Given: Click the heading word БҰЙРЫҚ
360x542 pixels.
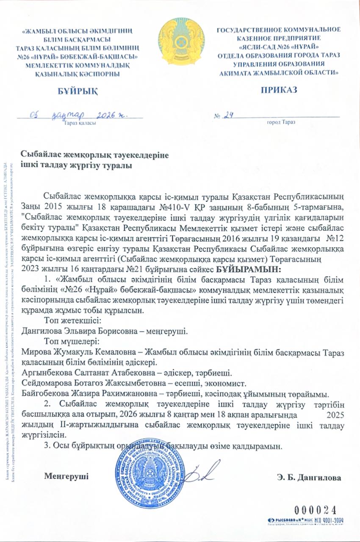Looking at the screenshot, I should pyautogui.click(x=72, y=90).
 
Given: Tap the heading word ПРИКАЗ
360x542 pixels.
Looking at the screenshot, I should pyautogui.click(x=279, y=89).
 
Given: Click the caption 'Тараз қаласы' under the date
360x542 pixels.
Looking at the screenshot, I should pyautogui.click(x=80, y=123).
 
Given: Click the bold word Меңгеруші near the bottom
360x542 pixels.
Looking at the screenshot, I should pyautogui.click(x=66, y=476).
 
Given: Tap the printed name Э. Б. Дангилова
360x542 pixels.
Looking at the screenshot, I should pyautogui.click(x=309, y=478).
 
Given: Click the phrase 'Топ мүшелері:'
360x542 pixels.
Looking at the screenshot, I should pyautogui.click(x=71, y=341).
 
